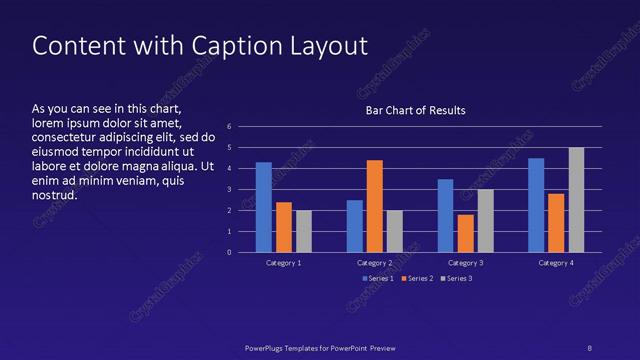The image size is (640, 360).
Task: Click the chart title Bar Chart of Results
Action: [415, 110]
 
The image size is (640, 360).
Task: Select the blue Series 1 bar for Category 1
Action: [264, 207]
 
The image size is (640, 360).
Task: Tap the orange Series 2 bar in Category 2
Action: [375, 206]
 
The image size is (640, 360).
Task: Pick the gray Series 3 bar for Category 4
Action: [577, 200]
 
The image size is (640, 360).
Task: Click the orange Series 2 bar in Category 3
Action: [465, 233]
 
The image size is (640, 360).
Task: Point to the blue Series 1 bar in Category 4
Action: [536, 205]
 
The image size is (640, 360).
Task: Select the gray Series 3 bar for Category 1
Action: [304, 231]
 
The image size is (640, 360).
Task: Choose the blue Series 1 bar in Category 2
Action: [355, 226]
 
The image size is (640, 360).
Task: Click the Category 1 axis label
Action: [284, 262]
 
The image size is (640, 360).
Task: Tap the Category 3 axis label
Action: [465, 262]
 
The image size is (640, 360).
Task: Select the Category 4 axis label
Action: [556, 262]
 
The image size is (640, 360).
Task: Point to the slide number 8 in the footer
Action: [589, 347]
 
